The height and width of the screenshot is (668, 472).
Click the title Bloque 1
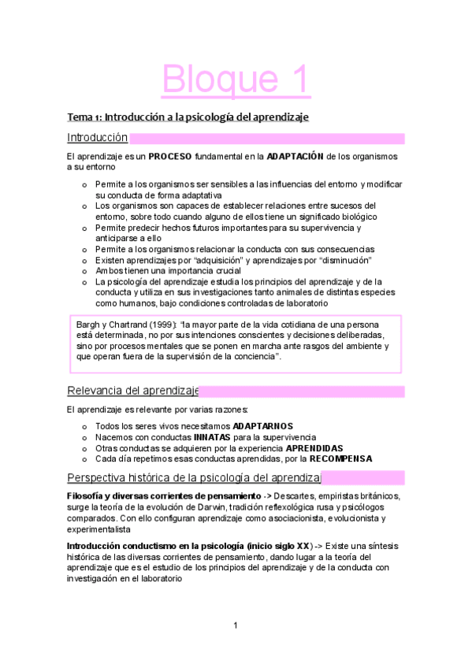236,79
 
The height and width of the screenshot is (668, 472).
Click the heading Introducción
98,138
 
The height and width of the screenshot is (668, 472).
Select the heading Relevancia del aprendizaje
132,390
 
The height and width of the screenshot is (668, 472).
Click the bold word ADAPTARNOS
263,426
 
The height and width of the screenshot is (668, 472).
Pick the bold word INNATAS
215,437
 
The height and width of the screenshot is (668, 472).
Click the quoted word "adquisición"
228,261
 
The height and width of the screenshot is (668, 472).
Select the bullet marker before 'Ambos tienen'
84,272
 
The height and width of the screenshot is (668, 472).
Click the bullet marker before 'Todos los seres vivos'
84,426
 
